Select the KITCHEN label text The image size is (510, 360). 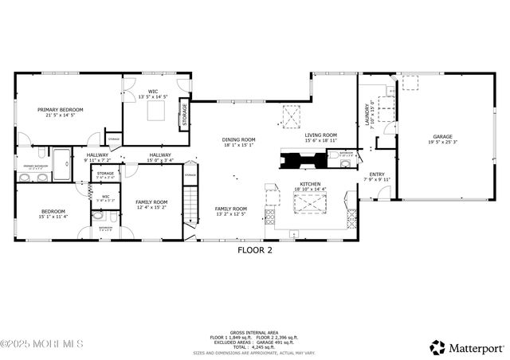[x=310, y=184]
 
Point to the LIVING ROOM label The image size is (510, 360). [x=321, y=135]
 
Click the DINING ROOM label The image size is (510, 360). [x=238, y=140]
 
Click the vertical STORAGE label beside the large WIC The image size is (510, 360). [x=184, y=114]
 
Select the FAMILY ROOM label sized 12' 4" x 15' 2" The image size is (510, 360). [x=151, y=202]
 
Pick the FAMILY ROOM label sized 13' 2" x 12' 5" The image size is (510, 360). [x=230, y=209]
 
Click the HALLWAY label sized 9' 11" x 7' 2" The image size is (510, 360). [x=97, y=155]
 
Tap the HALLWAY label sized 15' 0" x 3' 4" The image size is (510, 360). [x=159, y=155]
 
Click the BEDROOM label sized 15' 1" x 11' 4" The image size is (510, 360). [x=54, y=211]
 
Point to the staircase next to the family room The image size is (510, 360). [x=190, y=207]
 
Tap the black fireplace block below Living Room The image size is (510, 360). [x=303, y=160]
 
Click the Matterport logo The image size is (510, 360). [x=467, y=347]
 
